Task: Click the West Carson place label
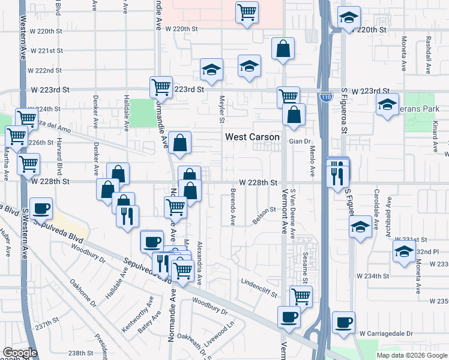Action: coord(252,137)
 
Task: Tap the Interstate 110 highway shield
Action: coord(325,96)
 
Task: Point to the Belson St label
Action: coord(264,214)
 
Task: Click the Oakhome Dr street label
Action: coord(83,293)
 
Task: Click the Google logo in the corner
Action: coord(20,353)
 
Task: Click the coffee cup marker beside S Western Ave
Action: coord(41,208)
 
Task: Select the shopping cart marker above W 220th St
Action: coord(247,12)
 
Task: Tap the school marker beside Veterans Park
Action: coord(388,104)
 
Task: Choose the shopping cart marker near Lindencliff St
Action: coord(301,295)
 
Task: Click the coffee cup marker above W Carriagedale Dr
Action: coord(344,322)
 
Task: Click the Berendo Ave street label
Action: coord(232,208)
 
